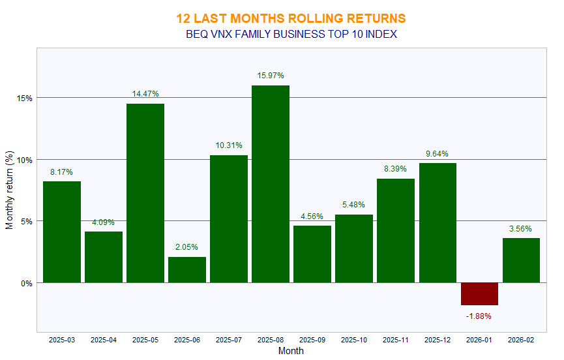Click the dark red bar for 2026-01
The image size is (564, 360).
tap(479, 293)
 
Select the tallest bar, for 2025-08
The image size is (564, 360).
tap(271, 184)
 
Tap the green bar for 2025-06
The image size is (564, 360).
tap(187, 269)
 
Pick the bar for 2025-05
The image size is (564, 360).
tap(145, 193)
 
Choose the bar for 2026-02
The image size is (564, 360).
tap(521, 260)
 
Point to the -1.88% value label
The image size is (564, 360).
tap(479, 316)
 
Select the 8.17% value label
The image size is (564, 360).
tap(62, 172)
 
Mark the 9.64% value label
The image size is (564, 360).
tap(438, 154)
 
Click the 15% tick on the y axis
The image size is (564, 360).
tap(25, 98)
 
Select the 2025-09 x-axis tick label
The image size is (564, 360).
tap(312, 340)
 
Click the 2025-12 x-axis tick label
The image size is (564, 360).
tap(438, 340)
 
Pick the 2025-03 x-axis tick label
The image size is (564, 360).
tap(62, 340)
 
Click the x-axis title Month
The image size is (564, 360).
tap(291, 351)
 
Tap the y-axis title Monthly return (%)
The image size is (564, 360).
tap(9, 190)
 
